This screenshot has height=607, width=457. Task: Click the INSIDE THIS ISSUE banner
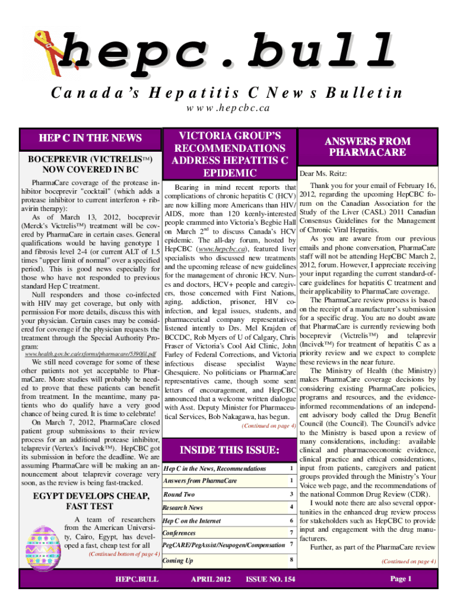coord(228,451)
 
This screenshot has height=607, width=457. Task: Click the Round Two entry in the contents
coord(179,494)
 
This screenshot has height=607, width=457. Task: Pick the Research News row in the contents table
coord(183,507)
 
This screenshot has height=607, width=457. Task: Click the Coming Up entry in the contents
coord(177,560)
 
